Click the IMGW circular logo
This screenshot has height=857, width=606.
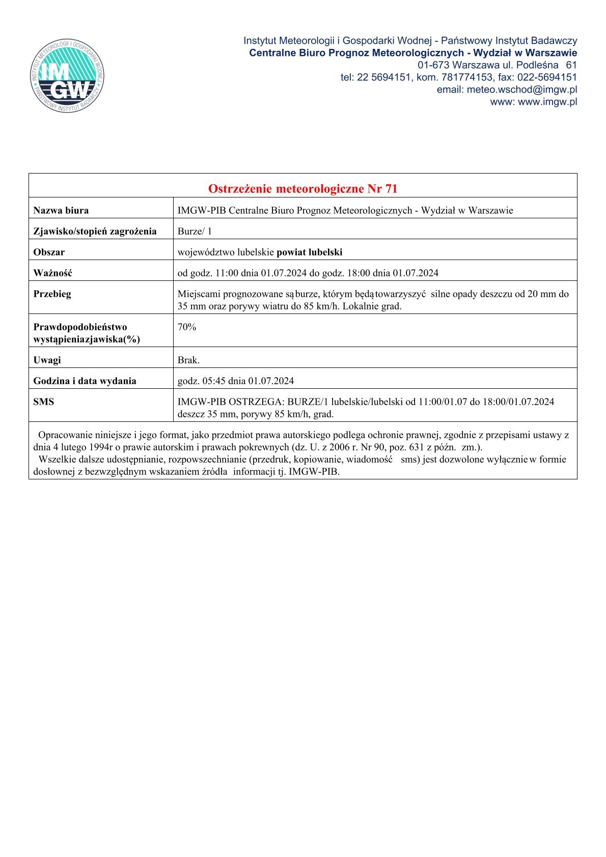point(67,76)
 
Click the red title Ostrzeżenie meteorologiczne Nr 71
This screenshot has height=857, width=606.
point(302,189)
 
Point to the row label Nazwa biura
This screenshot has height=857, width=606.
point(61,210)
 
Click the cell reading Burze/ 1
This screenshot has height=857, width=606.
point(195,231)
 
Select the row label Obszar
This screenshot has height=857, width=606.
point(49,252)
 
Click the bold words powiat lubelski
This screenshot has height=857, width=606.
point(309,252)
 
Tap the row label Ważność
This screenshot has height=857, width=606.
point(52,273)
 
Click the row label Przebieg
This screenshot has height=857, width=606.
point(52,294)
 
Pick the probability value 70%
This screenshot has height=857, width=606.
point(186,327)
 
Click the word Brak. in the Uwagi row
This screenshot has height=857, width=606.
point(188,360)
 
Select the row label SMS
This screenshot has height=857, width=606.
point(43,402)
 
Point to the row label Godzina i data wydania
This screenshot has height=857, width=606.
point(85,381)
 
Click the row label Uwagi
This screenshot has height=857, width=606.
point(47,360)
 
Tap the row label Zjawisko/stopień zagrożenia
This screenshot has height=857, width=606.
point(95,231)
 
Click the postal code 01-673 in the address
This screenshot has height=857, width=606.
point(433,65)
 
